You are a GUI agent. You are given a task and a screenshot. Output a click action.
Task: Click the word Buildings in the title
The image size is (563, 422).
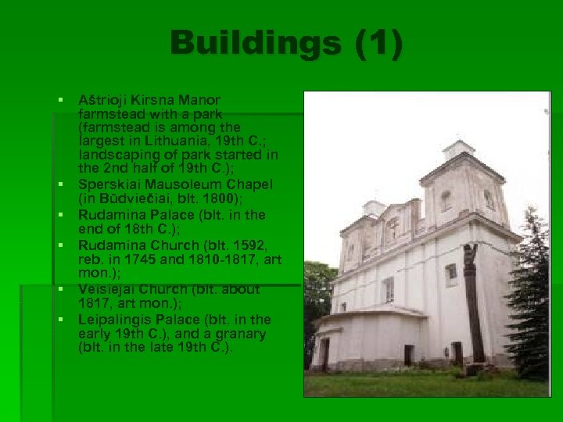[255, 44]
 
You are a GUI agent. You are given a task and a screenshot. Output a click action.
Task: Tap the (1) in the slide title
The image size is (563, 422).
[378, 44]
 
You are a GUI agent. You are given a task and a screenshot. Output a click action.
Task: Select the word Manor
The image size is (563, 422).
[200, 100]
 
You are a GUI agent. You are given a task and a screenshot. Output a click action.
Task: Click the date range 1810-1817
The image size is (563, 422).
[227, 259]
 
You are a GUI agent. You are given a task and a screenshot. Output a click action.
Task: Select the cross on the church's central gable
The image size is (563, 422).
[393, 227]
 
